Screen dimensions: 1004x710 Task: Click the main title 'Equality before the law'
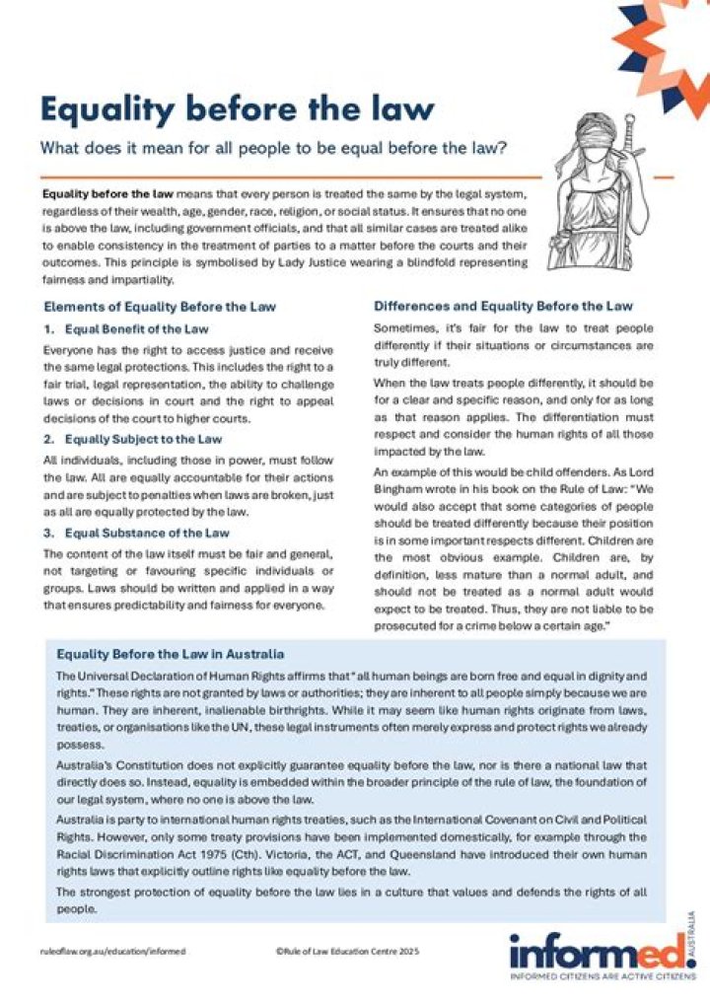(237, 108)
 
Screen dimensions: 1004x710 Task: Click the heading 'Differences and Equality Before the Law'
(503, 306)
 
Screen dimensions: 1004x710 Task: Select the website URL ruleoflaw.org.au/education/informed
(112, 951)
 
